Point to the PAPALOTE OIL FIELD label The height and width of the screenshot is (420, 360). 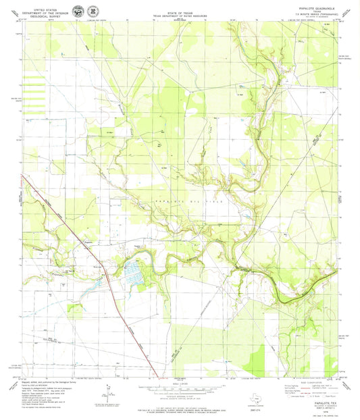[x=193, y=202]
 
